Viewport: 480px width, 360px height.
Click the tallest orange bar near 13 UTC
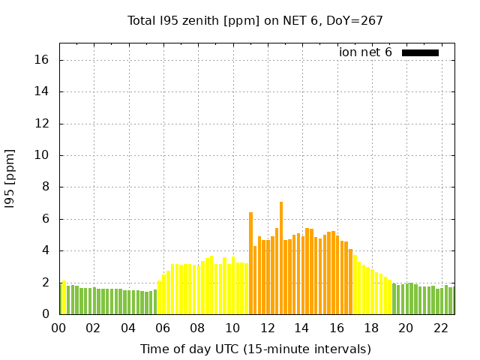281,258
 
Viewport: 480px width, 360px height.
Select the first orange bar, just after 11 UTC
251,263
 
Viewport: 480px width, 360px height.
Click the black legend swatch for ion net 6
420,52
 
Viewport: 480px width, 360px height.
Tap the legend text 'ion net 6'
365,52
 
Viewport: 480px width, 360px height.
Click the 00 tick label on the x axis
59,328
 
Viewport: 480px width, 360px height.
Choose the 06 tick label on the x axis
163,328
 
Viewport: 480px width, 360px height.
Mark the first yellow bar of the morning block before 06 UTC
160,298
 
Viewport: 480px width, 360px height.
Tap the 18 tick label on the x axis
371,328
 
